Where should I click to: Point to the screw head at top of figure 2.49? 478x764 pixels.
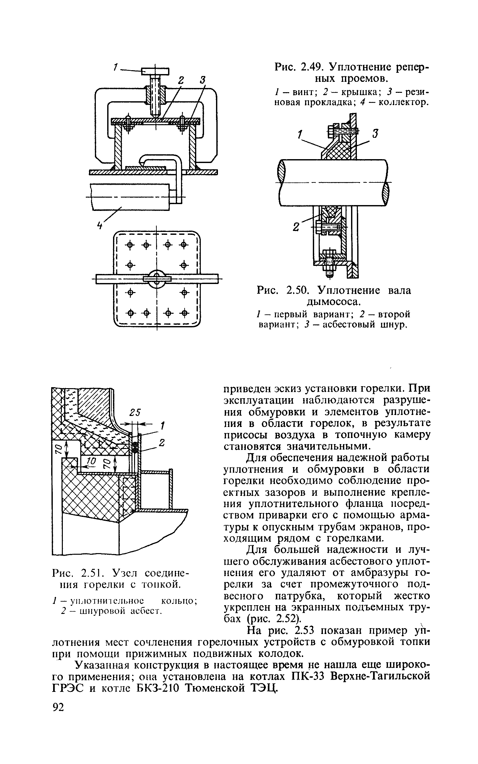[155, 71]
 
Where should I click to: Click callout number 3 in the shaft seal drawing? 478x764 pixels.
[375, 133]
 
